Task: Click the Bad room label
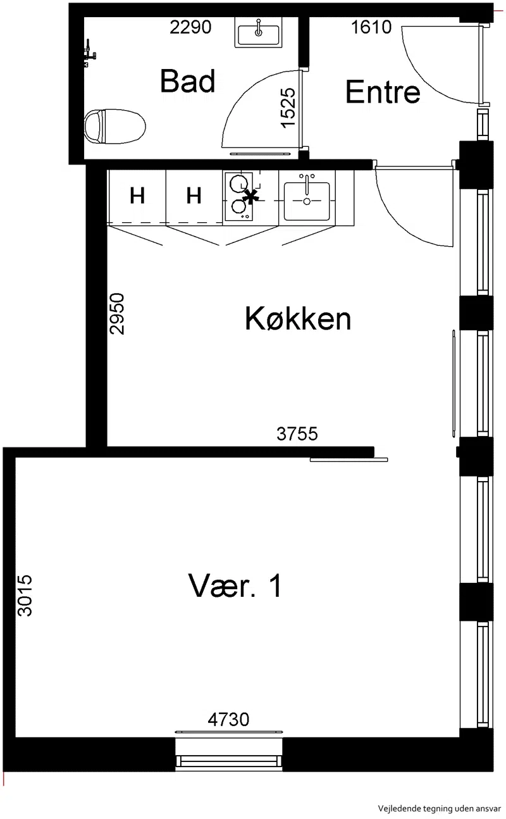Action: click(x=187, y=81)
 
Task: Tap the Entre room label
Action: click(x=383, y=91)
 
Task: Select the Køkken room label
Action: click(x=298, y=318)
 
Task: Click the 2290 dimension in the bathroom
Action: click(x=190, y=27)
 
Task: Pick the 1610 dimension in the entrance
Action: click(x=371, y=27)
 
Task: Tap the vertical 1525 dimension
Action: click(x=288, y=108)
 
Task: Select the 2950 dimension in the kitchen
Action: click(x=117, y=314)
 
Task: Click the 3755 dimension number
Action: click(x=297, y=434)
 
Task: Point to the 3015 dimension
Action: click(x=25, y=596)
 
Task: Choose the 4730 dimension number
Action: click(x=229, y=720)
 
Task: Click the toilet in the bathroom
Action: click(x=114, y=126)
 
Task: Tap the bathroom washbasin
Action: click(x=258, y=32)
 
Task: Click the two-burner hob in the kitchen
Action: click(x=238, y=196)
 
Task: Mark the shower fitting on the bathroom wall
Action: click(x=89, y=54)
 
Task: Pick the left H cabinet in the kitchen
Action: click(x=137, y=196)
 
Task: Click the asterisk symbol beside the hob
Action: click(x=250, y=197)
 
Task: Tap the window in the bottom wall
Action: click(x=229, y=754)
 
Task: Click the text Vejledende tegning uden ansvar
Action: click(x=439, y=808)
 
